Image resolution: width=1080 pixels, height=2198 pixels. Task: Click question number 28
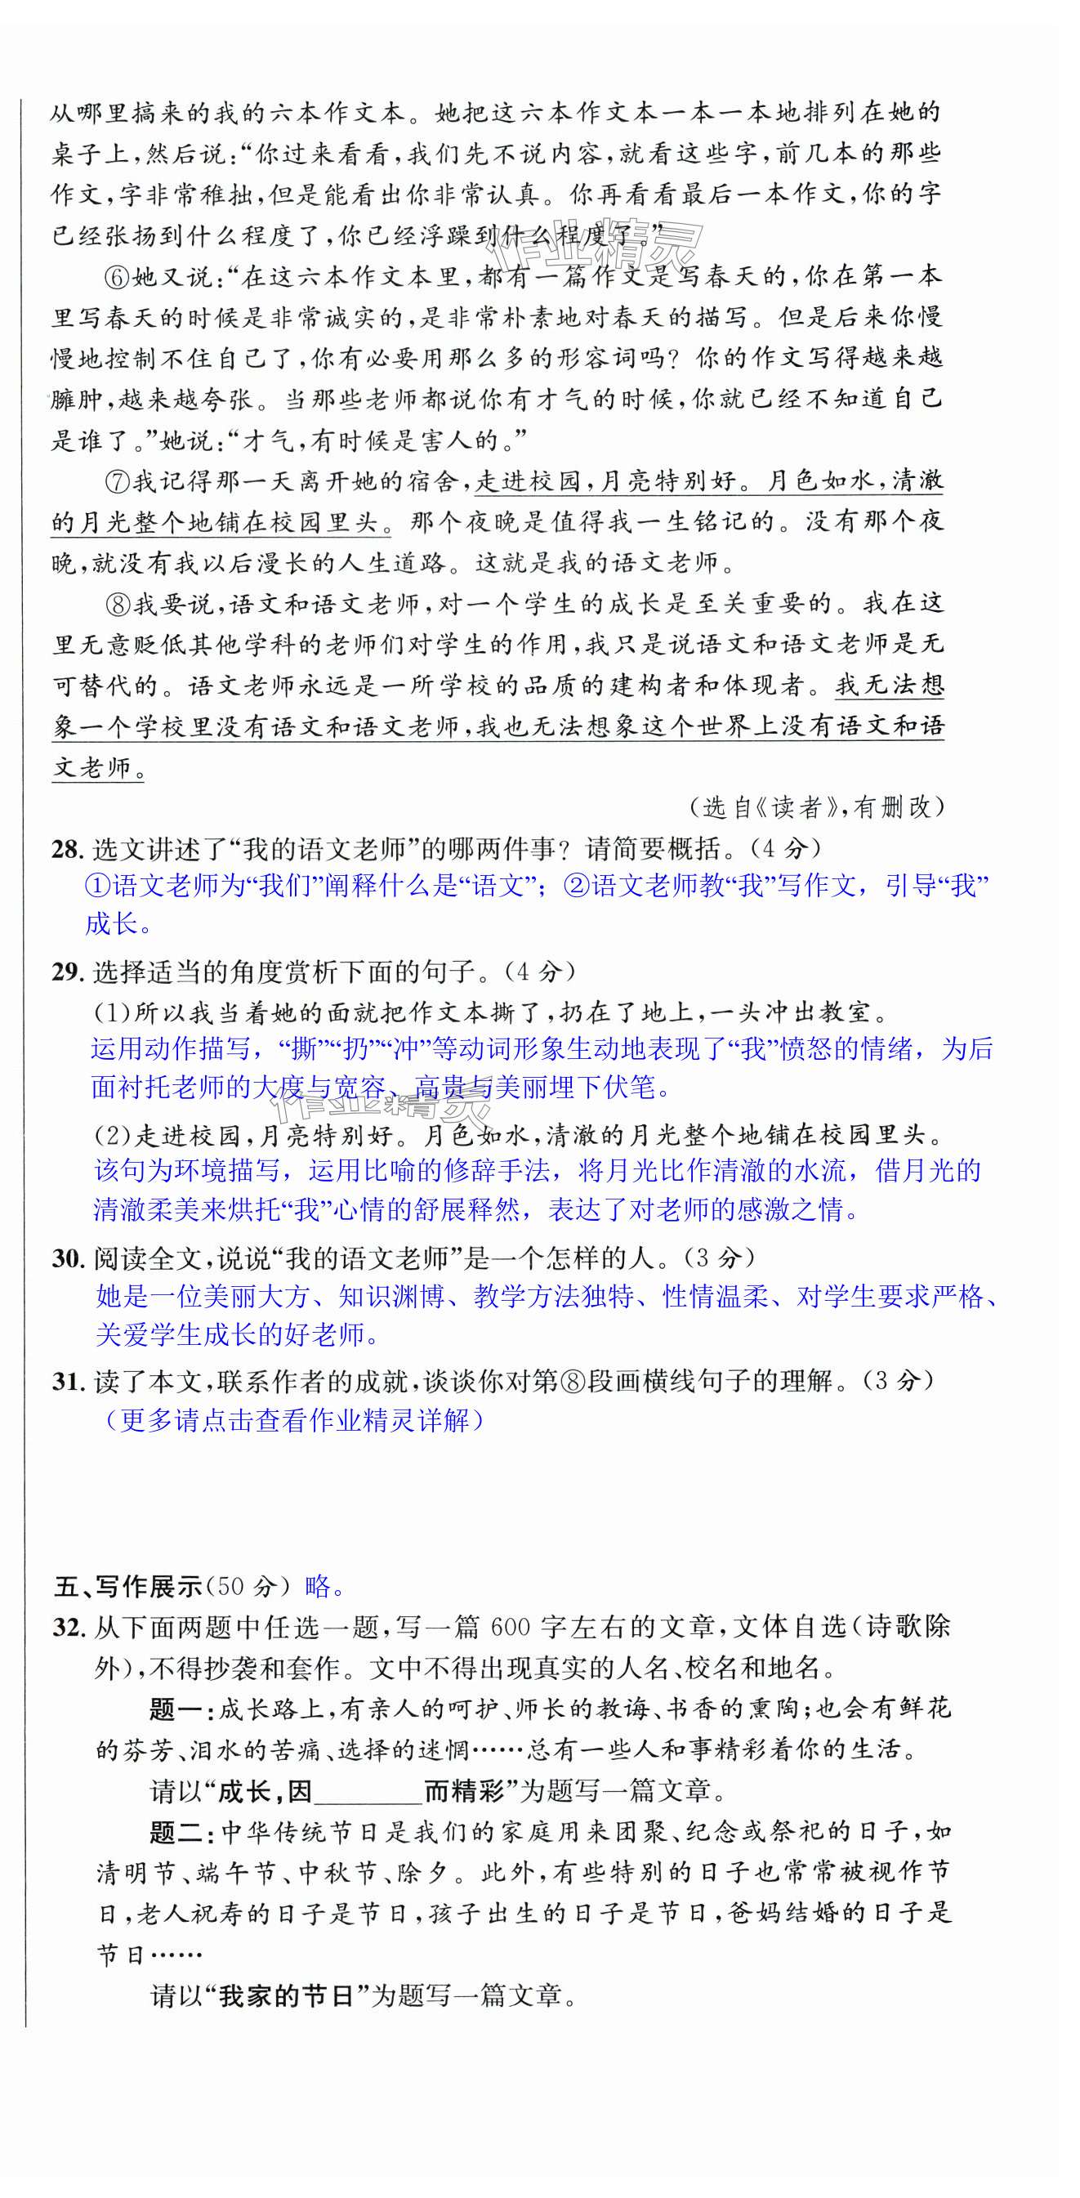click(65, 849)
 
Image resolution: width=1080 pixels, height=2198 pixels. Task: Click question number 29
click(65, 972)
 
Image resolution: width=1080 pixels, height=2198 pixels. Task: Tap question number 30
click(65, 1258)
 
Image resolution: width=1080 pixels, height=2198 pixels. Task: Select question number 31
click(65, 1382)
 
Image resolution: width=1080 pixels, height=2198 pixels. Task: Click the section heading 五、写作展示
click(128, 1587)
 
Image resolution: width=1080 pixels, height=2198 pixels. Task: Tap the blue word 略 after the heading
click(317, 1587)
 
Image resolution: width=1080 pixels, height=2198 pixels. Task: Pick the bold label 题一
click(175, 1709)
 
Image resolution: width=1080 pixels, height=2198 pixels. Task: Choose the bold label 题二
click(175, 1832)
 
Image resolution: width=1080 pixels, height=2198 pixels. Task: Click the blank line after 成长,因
click(368, 1792)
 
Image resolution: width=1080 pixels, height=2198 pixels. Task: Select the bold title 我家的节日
click(286, 1996)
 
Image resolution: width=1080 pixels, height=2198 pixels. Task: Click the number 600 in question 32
click(510, 1627)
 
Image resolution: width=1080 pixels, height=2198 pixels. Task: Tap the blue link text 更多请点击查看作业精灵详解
click(292, 1421)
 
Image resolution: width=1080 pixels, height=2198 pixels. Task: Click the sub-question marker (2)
click(111, 1136)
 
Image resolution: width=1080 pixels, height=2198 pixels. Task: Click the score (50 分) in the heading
click(248, 1587)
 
